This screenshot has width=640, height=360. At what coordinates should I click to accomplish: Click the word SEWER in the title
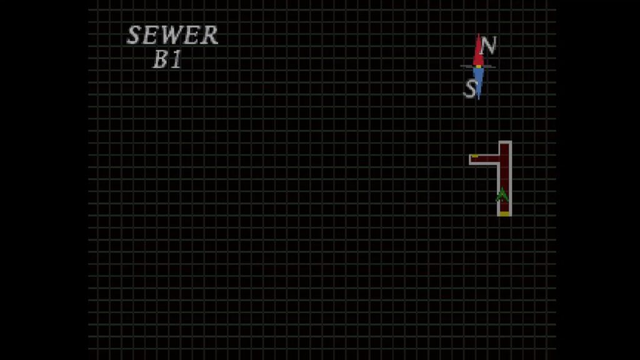point(172,36)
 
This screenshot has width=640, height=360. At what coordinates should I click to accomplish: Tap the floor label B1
point(167,60)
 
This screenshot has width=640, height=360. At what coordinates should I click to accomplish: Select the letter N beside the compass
point(489,45)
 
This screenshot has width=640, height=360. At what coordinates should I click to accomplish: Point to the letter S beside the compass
point(470,89)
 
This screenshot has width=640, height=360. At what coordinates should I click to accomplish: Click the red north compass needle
point(479,50)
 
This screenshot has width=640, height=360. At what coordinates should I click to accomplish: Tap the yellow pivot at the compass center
point(479,66)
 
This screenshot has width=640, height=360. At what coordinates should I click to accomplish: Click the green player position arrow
point(502,194)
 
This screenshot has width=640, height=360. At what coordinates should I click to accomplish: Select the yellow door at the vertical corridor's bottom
point(504,214)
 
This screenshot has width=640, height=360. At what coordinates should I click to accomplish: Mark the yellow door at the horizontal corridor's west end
point(475,156)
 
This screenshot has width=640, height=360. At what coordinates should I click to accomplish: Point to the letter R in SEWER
point(211,36)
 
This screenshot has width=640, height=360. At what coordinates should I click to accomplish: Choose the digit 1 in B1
point(176,60)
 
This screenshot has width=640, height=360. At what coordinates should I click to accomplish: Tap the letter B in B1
point(161,60)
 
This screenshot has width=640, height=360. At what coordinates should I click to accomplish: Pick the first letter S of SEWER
point(133,36)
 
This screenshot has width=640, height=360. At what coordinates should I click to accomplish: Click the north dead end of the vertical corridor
point(504,146)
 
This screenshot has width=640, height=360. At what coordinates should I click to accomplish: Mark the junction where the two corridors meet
point(504,159)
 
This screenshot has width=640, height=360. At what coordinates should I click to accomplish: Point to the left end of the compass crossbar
point(463,66)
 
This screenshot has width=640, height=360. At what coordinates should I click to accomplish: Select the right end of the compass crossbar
point(494,66)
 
